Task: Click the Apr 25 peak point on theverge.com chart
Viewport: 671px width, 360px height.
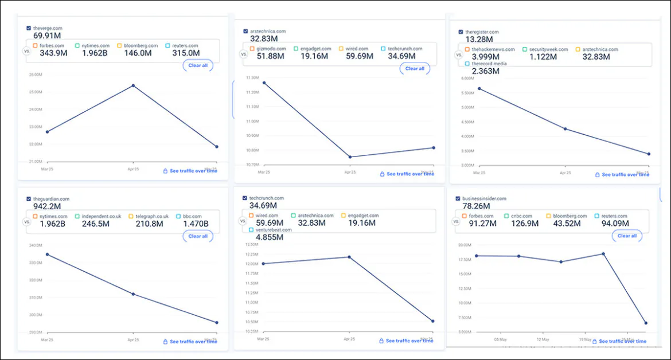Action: (x=133, y=85)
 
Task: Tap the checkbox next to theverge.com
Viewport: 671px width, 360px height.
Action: (x=29, y=28)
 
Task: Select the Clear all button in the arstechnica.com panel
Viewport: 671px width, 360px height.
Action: (x=415, y=69)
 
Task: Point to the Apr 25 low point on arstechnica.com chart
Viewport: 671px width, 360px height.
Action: (x=349, y=157)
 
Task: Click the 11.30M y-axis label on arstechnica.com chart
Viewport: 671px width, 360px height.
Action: (x=253, y=77)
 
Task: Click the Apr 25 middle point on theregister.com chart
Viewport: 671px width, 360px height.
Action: (x=565, y=129)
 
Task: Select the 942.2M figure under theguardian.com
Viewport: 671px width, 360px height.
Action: (x=47, y=206)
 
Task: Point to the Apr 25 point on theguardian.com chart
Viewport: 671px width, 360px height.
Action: (x=133, y=294)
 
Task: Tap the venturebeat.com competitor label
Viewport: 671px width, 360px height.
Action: (x=274, y=230)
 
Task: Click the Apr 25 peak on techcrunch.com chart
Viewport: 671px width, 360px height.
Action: (x=349, y=257)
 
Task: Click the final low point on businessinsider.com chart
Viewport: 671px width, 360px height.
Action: (x=646, y=323)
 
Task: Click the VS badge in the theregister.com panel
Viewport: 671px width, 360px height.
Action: (x=459, y=56)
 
